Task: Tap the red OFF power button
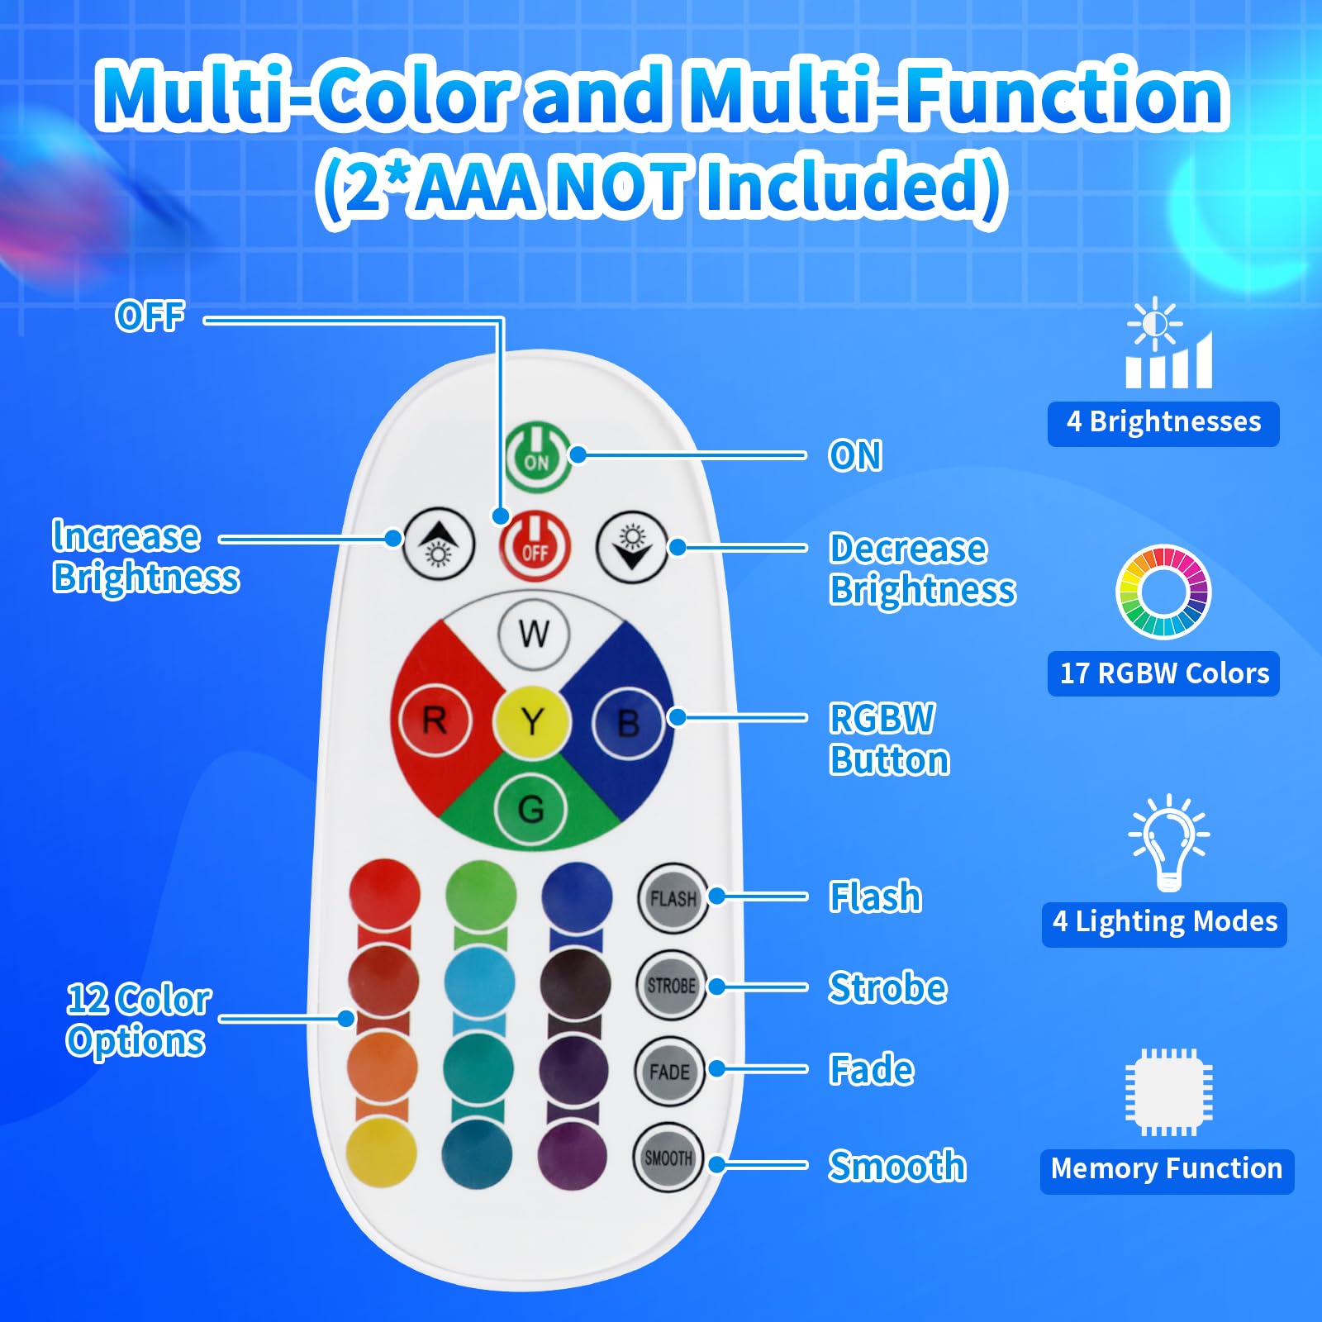(535, 546)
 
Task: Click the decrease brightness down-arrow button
(632, 548)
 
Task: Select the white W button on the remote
(534, 634)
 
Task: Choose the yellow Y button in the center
(533, 722)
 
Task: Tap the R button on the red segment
(435, 721)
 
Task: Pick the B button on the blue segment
(628, 724)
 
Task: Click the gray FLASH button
(673, 899)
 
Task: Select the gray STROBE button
(671, 985)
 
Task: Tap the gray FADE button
(669, 1072)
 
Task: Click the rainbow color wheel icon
(1163, 592)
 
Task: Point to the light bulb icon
(1168, 843)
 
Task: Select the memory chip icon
(1168, 1091)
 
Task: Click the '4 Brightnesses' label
(1163, 423)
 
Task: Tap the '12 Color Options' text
(137, 1020)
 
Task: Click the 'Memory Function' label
(1166, 1170)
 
